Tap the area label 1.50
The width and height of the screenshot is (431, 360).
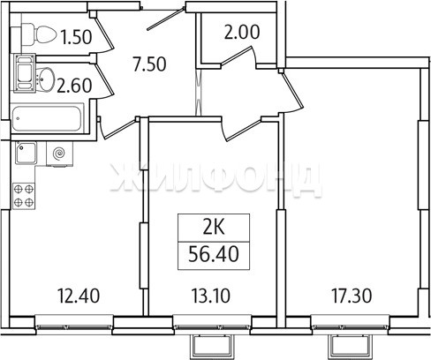(76, 37)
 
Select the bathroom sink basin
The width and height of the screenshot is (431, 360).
(45, 79)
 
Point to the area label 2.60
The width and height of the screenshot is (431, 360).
(74, 86)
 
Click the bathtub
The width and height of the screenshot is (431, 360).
(47, 118)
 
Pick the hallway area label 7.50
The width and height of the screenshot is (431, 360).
(149, 64)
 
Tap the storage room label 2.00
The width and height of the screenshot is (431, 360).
(242, 32)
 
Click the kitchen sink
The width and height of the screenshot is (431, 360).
(26, 153)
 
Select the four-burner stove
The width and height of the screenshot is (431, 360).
(24, 196)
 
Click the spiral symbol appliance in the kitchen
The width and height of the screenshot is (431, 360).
(59, 154)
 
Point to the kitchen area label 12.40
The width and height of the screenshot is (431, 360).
(79, 296)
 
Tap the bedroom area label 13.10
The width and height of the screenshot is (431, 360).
(211, 296)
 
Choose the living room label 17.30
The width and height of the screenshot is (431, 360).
(352, 296)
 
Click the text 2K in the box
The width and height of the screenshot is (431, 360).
(214, 228)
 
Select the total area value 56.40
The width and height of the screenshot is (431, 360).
(214, 254)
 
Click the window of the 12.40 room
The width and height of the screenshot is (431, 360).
(74, 325)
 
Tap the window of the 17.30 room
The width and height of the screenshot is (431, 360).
(350, 325)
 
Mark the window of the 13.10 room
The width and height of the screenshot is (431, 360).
(212, 325)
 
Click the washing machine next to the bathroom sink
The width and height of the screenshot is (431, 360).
(25, 73)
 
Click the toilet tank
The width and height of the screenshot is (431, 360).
(16, 36)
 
